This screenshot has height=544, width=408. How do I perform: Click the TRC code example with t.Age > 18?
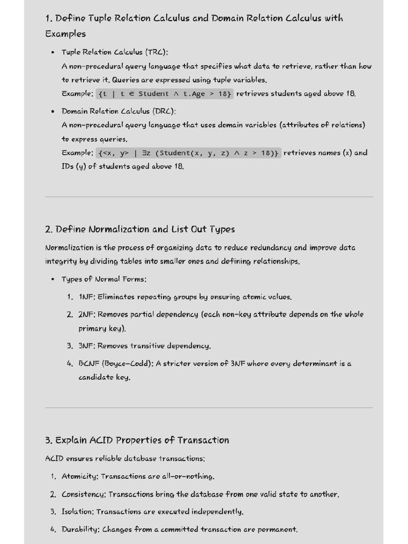165,94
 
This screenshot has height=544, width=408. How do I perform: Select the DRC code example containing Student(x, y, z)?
189,153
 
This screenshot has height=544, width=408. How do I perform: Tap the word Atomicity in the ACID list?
80,477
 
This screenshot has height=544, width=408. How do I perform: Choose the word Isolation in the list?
77,512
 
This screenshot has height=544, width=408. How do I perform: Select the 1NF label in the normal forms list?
86,297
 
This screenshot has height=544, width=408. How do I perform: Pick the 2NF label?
87,314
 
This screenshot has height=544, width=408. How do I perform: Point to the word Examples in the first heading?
65,34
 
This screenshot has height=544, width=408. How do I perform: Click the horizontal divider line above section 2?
209,197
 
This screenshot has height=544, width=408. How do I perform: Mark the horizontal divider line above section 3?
209,408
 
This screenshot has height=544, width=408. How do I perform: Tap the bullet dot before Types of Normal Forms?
53,279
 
